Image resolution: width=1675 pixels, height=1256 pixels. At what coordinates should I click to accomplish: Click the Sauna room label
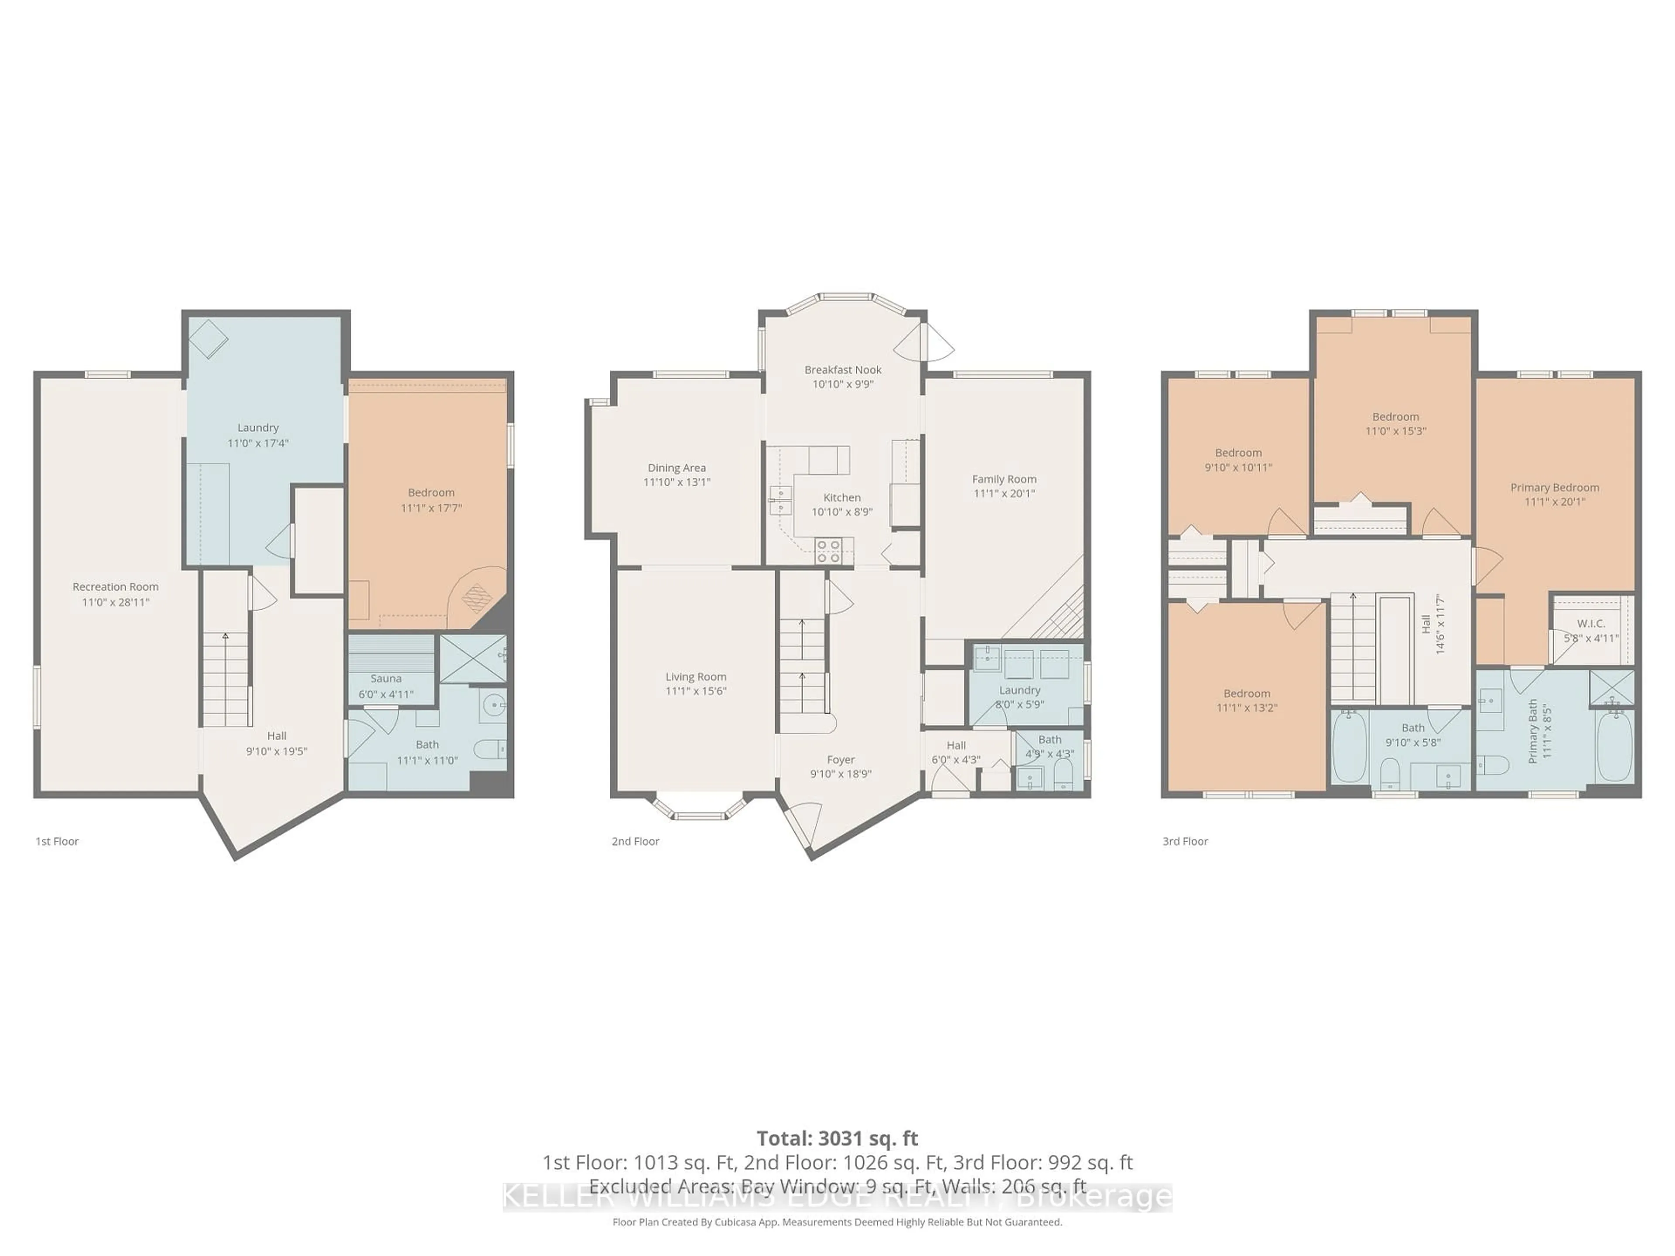[x=386, y=678]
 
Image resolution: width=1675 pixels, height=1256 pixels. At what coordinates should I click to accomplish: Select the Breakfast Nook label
[x=843, y=369]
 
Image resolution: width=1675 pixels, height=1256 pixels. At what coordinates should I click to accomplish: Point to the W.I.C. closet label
[x=1591, y=623]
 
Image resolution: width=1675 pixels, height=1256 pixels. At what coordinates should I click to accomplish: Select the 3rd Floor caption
[x=1185, y=841]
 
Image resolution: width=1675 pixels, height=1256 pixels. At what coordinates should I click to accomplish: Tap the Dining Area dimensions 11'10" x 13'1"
[x=677, y=482]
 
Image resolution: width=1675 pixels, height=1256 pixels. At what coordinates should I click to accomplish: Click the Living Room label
[x=696, y=677]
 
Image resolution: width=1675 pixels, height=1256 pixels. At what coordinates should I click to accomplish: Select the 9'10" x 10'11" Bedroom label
[x=1238, y=453]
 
